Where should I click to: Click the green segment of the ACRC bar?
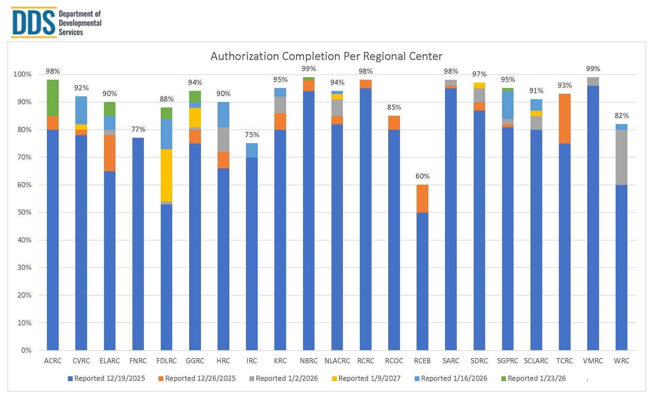[x=53, y=98]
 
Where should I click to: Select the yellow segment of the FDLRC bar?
[x=167, y=175]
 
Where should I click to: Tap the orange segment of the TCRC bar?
[x=565, y=119]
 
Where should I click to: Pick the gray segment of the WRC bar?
[x=621, y=157]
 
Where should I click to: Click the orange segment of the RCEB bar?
[x=422, y=199]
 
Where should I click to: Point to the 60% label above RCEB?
[x=422, y=176]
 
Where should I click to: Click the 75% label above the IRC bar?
[x=252, y=135]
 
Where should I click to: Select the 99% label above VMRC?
[x=593, y=69]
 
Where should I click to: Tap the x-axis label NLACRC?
[x=337, y=361]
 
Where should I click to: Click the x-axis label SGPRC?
[x=507, y=361]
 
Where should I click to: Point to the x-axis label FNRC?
[x=138, y=361]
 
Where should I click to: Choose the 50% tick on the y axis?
[x=25, y=212]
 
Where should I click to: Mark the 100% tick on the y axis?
[x=23, y=74]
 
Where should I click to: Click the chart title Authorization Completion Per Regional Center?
[x=326, y=56]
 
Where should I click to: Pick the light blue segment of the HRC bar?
[x=223, y=115]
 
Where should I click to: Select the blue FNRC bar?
[x=138, y=244]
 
